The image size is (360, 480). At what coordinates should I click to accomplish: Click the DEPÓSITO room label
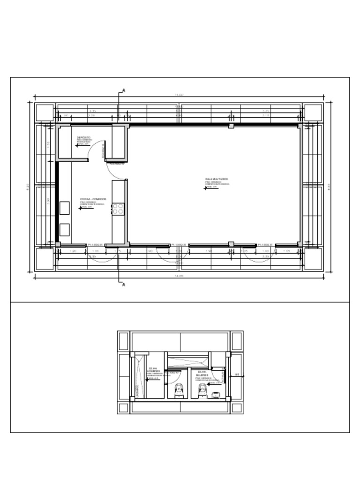pyautogui.click(x=84, y=137)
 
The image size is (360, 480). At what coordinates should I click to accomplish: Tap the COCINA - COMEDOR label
pyautogui.click(x=93, y=199)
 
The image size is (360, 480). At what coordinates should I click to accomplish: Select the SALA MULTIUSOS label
pyautogui.click(x=217, y=179)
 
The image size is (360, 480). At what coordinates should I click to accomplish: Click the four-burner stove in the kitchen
pyautogui.click(x=118, y=209)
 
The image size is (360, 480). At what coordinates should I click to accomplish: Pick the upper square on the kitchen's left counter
pyautogui.click(x=64, y=208)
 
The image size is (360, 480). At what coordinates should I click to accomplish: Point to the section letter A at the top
pyautogui.click(x=124, y=90)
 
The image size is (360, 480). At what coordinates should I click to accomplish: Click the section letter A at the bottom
pyautogui.click(x=124, y=285)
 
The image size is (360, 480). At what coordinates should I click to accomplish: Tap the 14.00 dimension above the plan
pyautogui.click(x=179, y=95)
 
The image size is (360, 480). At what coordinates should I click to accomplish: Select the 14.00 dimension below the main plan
pyautogui.click(x=179, y=276)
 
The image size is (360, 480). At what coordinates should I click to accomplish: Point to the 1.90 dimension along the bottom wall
pyautogui.click(x=209, y=251)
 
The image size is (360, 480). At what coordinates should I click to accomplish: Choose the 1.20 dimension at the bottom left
pyautogui.click(x=73, y=251)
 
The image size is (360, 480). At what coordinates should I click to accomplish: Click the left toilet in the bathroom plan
pyautogui.click(x=178, y=391)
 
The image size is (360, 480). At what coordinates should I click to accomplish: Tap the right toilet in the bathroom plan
pyautogui.click(x=202, y=390)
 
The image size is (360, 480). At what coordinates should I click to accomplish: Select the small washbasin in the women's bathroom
pyautogui.click(x=215, y=396)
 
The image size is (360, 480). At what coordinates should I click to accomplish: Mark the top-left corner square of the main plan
pyautogui.click(x=45, y=112)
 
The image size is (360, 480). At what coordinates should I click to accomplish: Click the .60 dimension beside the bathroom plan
pyautogui.click(x=237, y=375)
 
